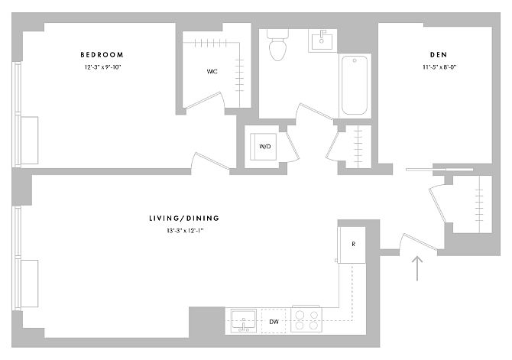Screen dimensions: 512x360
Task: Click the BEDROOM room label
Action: pyautogui.click(x=102, y=54)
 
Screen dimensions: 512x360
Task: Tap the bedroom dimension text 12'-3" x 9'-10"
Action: pyautogui.click(x=102, y=67)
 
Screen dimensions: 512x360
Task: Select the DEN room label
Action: pyautogui.click(x=439, y=54)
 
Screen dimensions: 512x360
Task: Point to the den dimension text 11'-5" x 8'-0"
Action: pyautogui.click(x=439, y=67)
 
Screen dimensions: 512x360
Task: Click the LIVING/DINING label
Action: pyautogui.click(x=184, y=219)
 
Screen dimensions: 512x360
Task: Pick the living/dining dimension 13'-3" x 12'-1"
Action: pyautogui.click(x=185, y=231)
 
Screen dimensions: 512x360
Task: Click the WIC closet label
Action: pyautogui.click(x=212, y=71)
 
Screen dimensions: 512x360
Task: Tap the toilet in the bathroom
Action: pyautogui.click(x=277, y=45)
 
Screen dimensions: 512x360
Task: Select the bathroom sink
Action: pyautogui.click(x=322, y=41)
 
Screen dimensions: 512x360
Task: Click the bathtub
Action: pyautogui.click(x=355, y=86)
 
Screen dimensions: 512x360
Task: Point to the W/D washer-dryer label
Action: pyautogui.click(x=265, y=147)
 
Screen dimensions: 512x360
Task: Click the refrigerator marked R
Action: pyautogui.click(x=352, y=245)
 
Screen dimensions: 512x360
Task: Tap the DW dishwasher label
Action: pyautogui.click(x=274, y=322)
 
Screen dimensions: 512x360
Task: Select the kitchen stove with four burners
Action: pyautogui.click(x=306, y=319)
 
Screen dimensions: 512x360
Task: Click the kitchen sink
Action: pyautogui.click(x=244, y=321)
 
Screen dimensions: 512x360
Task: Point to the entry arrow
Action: pyautogui.click(x=417, y=268)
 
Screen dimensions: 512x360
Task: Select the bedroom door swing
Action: pyautogui.click(x=211, y=161)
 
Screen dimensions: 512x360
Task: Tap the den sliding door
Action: pyautogui.click(x=439, y=170)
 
